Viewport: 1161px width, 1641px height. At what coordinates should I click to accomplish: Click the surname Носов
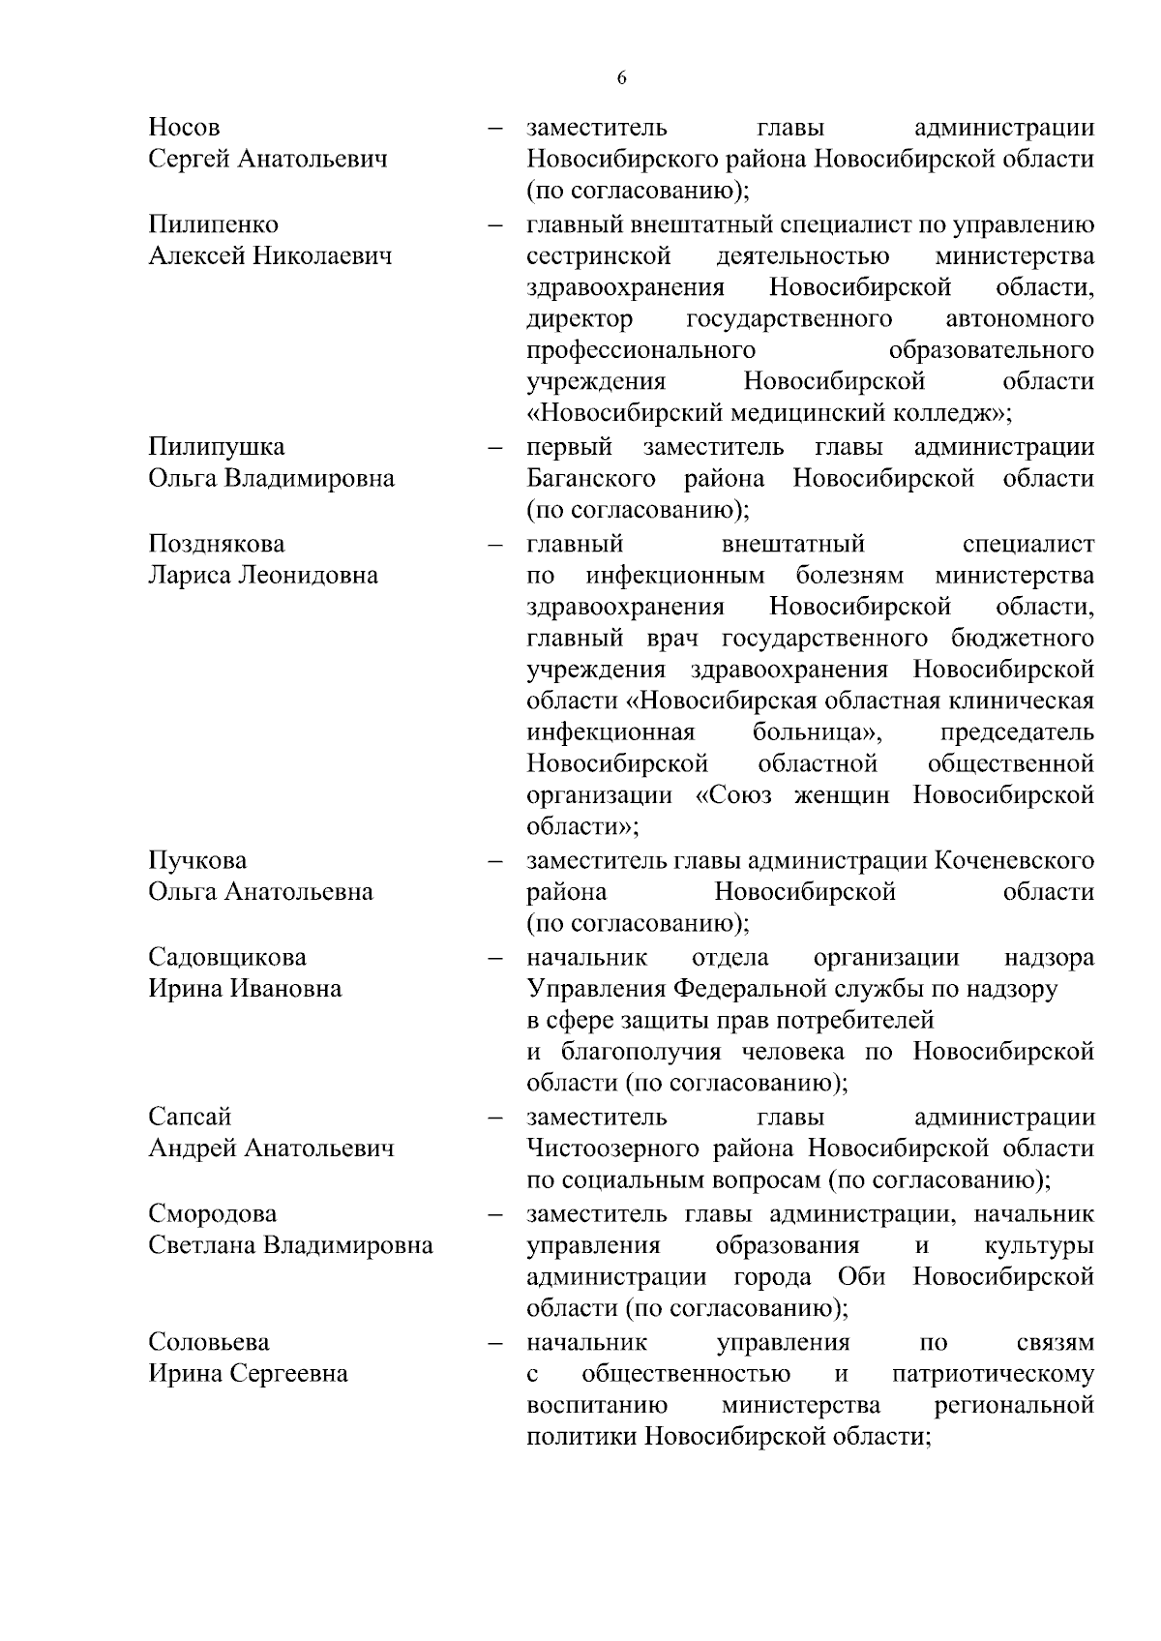click(184, 128)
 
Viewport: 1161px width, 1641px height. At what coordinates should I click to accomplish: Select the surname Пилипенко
click(213, 224)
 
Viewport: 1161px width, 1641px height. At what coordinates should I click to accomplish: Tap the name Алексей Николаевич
click(270, 256)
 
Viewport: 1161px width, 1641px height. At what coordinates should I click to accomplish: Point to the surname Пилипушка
click(217, 447)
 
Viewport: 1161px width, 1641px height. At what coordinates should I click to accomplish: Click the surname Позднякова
click(217, 544)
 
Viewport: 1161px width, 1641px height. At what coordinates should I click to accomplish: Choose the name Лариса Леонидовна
click(263, 576)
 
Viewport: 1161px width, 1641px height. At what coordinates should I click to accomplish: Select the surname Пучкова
click(197, 860)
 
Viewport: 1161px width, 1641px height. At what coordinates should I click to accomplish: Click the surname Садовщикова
click(227, 957)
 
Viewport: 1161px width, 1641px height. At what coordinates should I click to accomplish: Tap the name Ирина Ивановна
click(245, 989)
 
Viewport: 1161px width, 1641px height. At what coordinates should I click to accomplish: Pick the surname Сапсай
click(190, 1117)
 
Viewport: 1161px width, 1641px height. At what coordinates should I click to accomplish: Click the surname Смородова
click(212, 1213)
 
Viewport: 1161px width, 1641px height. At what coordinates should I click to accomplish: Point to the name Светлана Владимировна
click(290, 1245)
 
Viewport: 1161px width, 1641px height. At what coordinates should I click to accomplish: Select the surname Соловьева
click(209, 1342)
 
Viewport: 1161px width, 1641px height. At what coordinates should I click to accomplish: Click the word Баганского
click(591, 479)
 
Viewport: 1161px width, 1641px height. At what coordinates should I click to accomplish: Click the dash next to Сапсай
click(495, 1119)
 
